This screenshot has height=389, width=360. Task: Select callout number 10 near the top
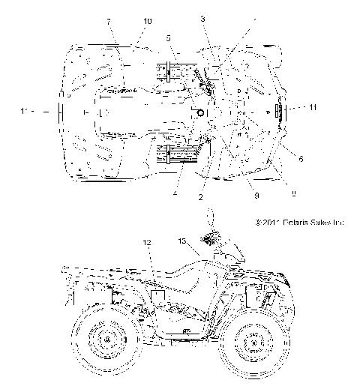pyautogui.click(x=146, y=20)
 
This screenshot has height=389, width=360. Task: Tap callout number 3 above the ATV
pyautogui.click(x=202, y=18)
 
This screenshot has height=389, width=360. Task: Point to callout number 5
pyautogui.click(x=169, y=37)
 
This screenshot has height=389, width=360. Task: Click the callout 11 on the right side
pyautogui.click(x=313, y=108)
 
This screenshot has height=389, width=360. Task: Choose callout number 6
pyautogui.click(x=301, y=159)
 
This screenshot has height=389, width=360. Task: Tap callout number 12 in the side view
pyautogui.click(x=147, y=242)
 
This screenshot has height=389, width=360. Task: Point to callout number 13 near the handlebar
pyautogui.click(x=181, y=241)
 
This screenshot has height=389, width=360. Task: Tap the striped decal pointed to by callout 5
pyautogui.click(x=170, y=71)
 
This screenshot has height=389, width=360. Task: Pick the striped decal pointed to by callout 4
pyautogui.click(x=174, y=156)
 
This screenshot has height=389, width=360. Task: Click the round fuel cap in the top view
pyautogui.click(x=201, y=112)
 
